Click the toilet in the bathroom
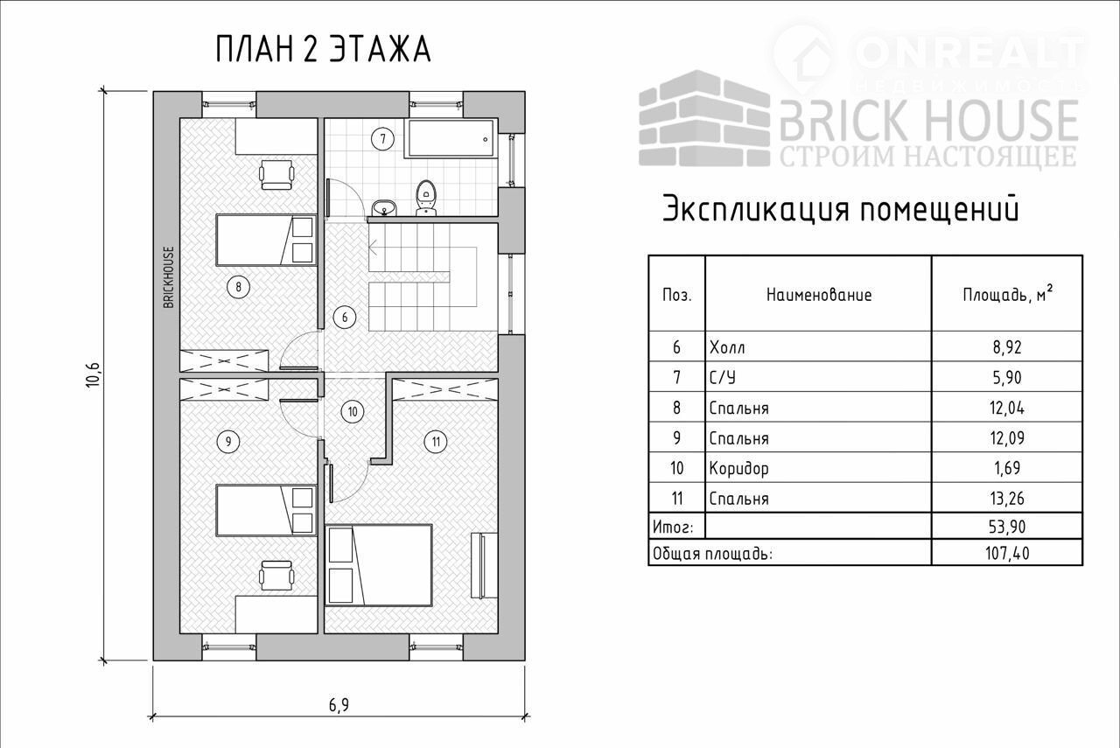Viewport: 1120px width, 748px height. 426,198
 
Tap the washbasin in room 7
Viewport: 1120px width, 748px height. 384,207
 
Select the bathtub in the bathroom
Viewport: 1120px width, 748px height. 451,138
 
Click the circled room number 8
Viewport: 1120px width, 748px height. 238,287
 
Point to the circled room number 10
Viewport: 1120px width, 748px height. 353,411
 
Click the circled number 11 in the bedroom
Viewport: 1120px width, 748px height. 436,442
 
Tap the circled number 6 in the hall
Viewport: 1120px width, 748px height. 345,317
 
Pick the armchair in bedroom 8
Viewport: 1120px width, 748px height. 276,174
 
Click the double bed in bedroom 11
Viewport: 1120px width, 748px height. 378,565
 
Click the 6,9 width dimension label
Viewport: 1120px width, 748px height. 339,705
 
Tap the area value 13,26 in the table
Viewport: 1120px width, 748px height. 1007,498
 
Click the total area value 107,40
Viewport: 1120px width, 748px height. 1007,553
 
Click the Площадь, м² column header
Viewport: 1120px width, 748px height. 1007,293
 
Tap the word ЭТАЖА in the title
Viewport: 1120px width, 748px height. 380,49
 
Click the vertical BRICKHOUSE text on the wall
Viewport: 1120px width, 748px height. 169,277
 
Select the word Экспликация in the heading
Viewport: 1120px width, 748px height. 755,209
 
